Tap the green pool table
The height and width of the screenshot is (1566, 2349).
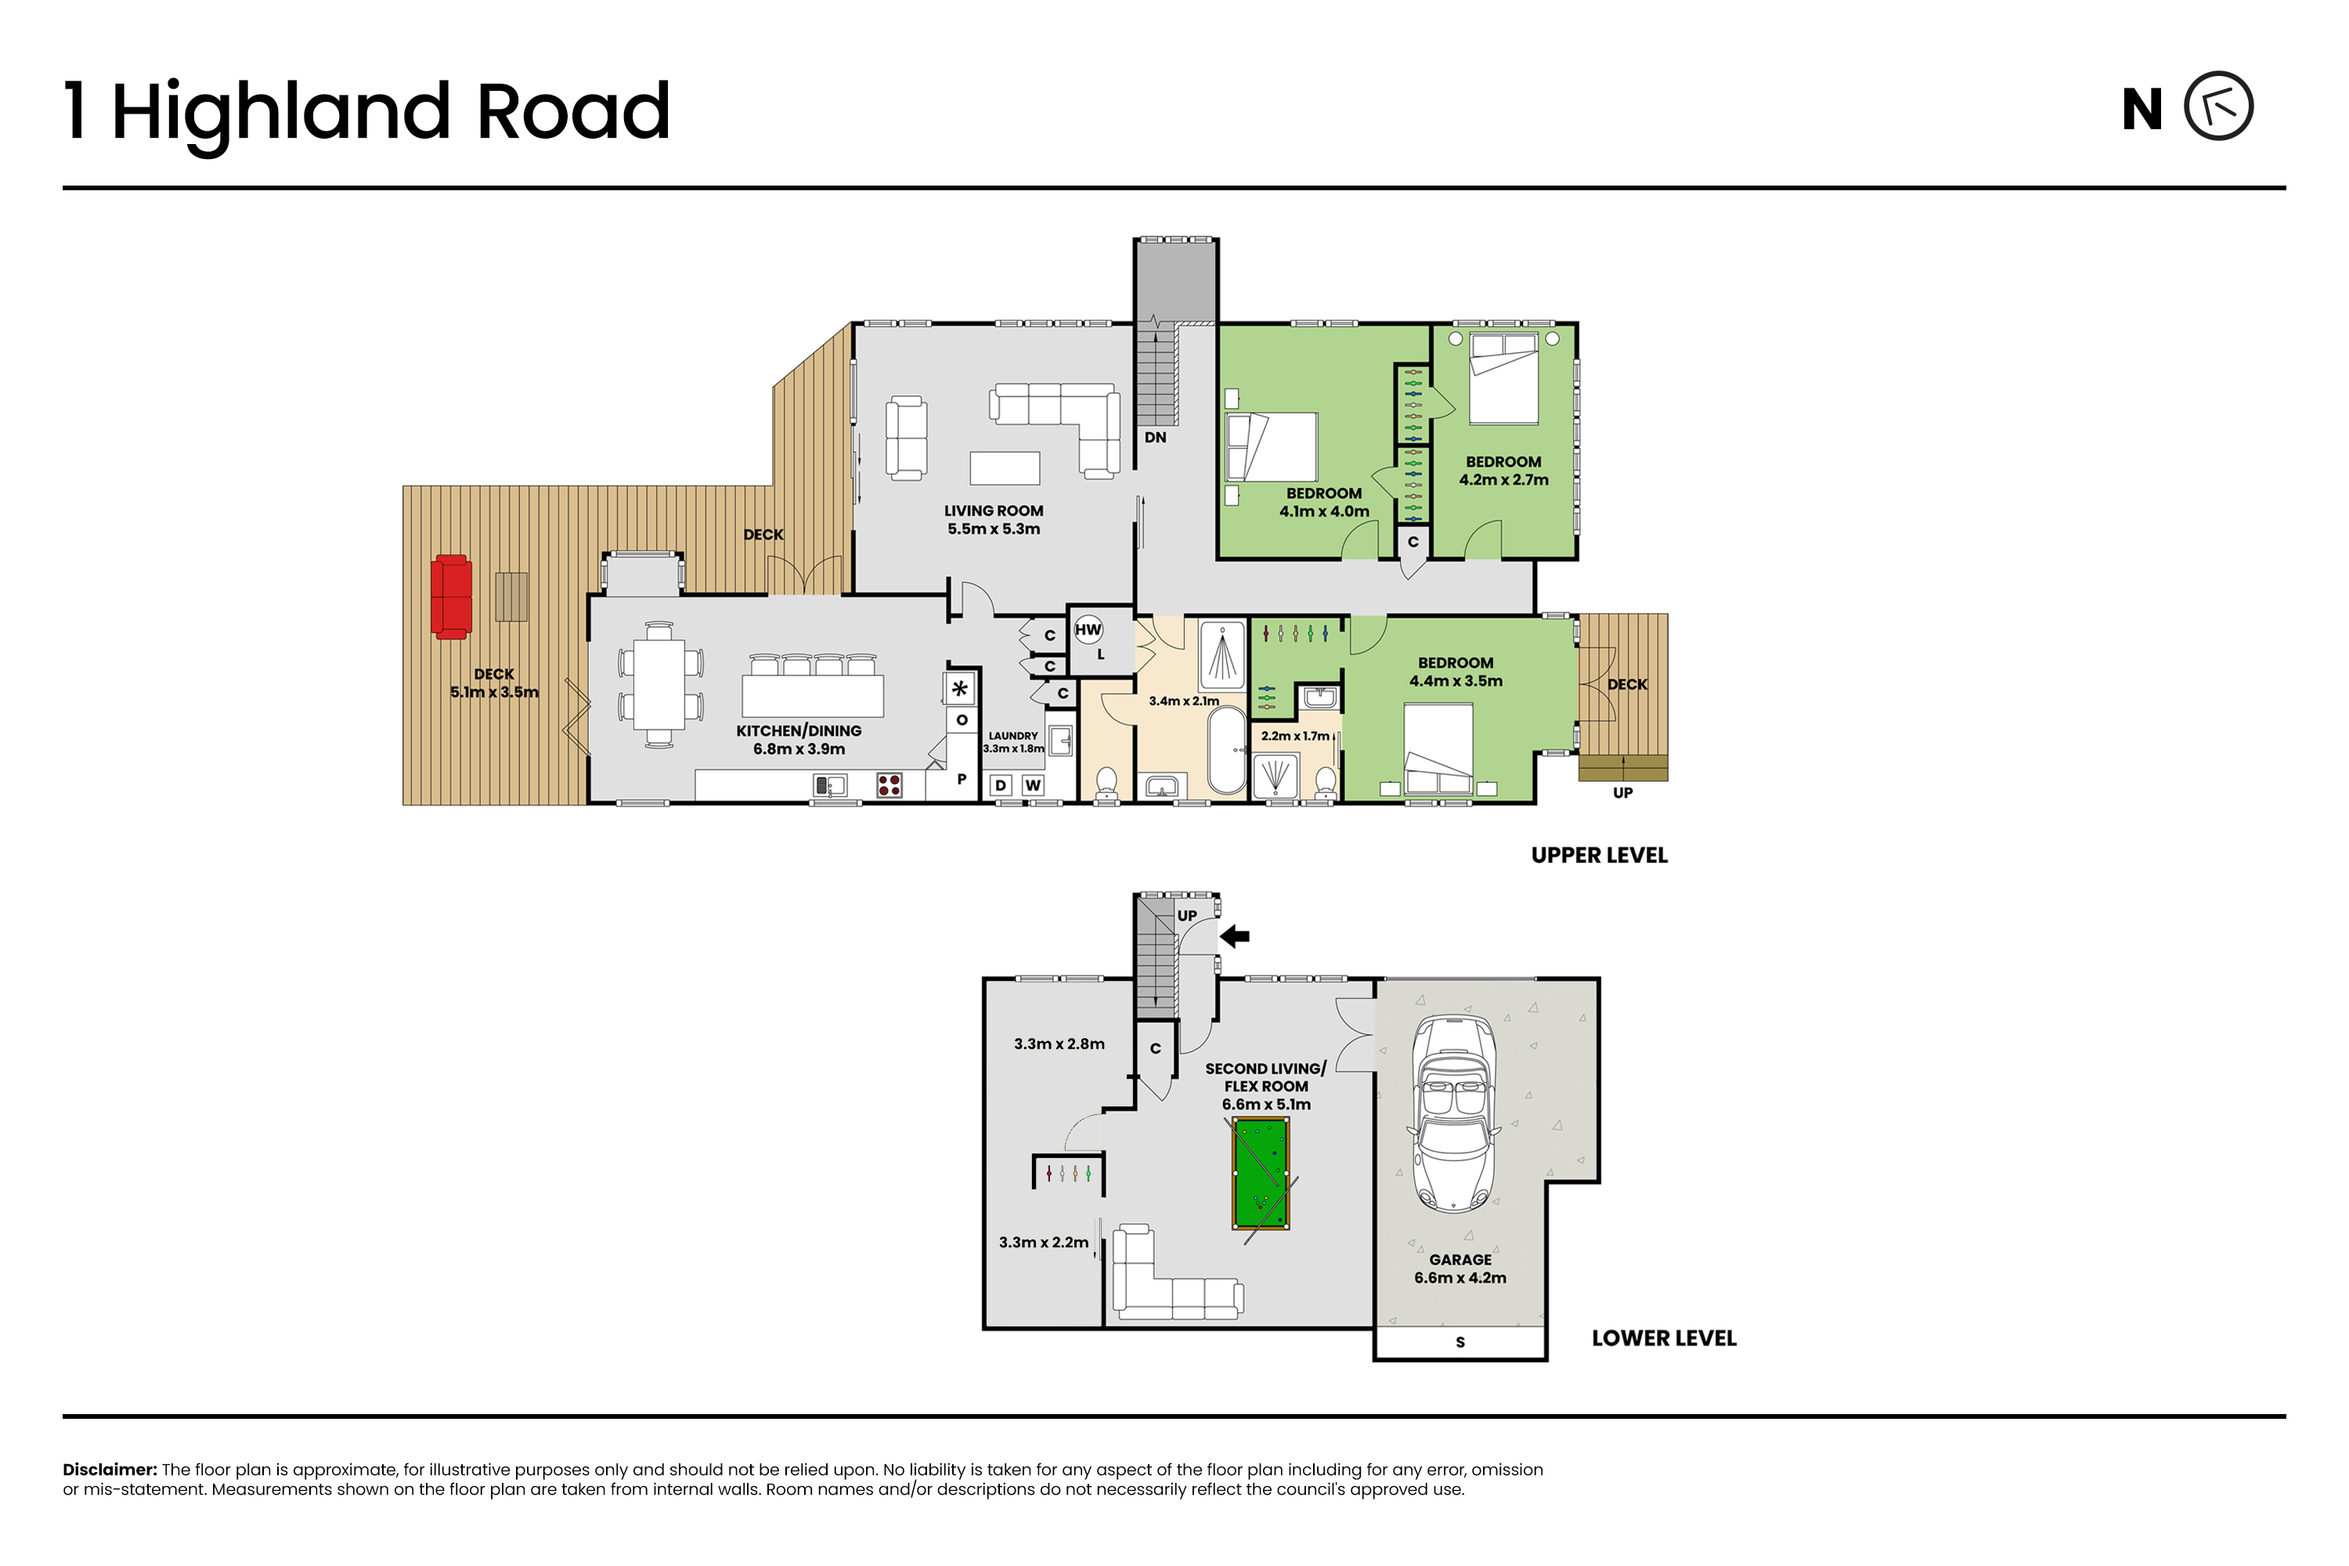(1261, 1174)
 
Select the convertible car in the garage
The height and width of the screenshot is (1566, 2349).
(1454, 1113)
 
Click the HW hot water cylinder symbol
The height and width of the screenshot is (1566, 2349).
(1088, 630)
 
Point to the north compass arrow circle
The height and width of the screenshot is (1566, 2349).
(2218, 106)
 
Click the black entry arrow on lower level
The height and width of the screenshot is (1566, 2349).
(1236, 936)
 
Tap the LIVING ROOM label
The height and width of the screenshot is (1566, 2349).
(994, 511)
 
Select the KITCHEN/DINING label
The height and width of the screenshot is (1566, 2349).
(799, 731)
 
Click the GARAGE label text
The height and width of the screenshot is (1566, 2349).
(1460, 1259)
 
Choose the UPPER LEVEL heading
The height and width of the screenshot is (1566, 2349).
(1599, 855)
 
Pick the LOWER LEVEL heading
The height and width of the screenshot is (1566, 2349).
(1664, 1338)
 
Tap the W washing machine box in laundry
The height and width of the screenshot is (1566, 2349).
(1033, 785)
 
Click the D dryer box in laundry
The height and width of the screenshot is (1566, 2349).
(1001, 785)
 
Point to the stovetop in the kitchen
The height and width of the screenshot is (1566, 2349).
(889, 785)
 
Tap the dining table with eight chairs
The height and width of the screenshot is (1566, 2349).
(659, 684)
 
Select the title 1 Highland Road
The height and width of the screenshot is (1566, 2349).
(366, 112)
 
